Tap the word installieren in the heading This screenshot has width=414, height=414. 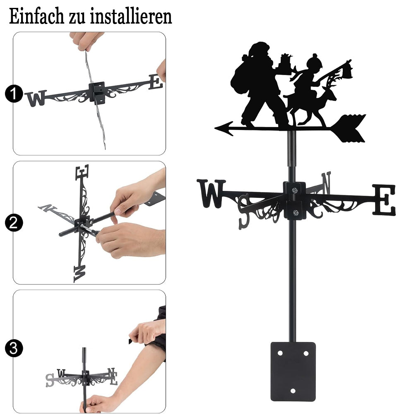point(131,16)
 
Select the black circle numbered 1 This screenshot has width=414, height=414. point(14,94)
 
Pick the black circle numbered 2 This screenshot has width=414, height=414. point(14,223)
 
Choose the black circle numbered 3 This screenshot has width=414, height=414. point(14,348)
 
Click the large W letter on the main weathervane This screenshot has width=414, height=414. point(211,193)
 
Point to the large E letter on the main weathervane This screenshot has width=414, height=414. point(384,200)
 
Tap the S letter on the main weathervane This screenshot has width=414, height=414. point(244,211)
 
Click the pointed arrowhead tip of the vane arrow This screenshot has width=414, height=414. point(215,129)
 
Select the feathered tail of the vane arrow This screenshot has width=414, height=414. point(349,128)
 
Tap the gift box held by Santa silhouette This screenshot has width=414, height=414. point(286,61)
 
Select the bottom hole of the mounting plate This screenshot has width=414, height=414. point(293,391)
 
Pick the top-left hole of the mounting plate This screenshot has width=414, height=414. point(280,353)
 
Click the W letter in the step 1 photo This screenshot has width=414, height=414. point(36,99)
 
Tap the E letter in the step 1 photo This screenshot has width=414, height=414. point(156,82)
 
